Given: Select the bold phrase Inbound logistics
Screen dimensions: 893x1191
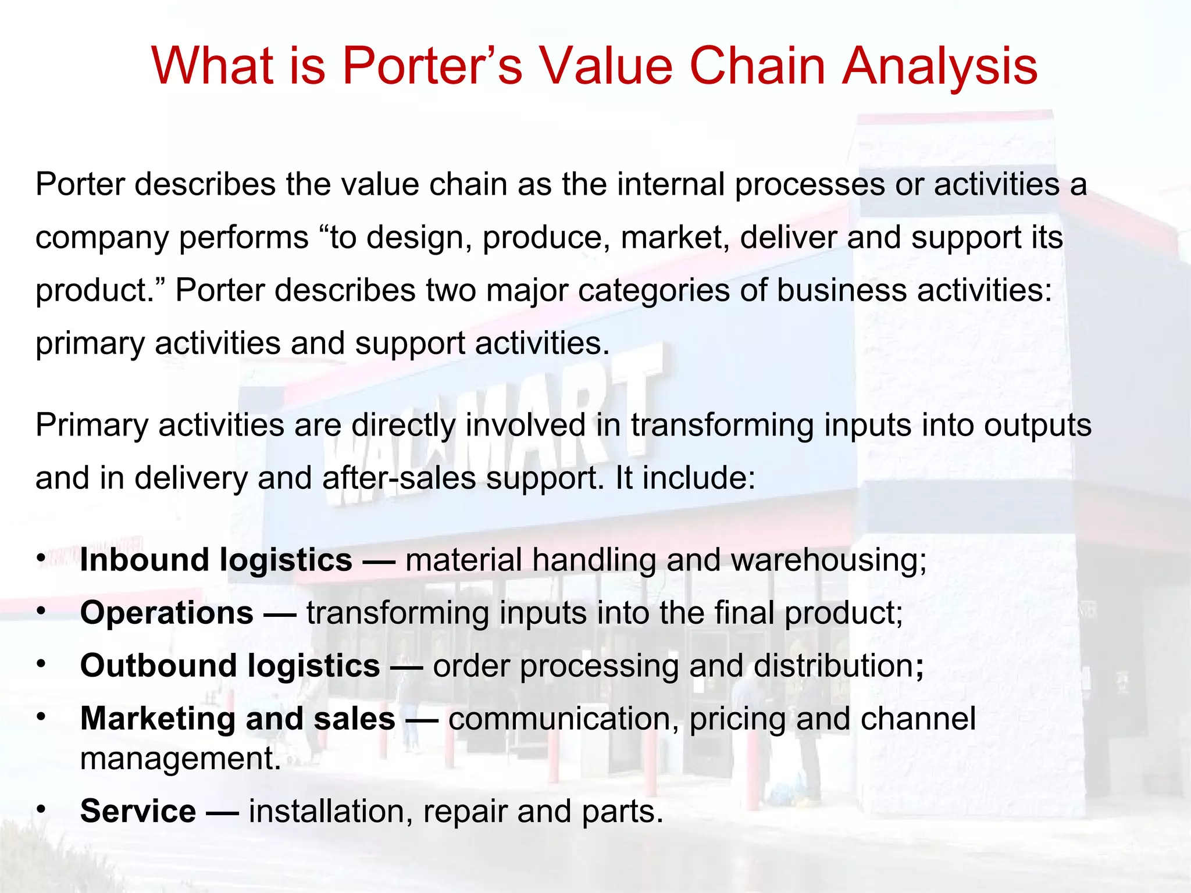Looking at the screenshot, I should pos(216,560).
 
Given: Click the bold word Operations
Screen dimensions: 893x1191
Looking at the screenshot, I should pos(167,613).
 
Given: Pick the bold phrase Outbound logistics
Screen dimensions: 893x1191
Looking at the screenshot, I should pos(230,666).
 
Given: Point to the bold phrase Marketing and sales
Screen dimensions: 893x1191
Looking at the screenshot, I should pos(238,719).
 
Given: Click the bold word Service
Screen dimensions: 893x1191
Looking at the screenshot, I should pos(138,811).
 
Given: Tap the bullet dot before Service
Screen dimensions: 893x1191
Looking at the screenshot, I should pos(41,809).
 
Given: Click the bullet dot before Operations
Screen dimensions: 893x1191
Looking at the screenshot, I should pos(41,610).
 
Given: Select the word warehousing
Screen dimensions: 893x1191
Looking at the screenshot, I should pos(828,560).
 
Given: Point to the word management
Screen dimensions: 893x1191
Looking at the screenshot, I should pos(180,759).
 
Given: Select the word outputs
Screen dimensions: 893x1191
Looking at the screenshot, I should pos(1037,425).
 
